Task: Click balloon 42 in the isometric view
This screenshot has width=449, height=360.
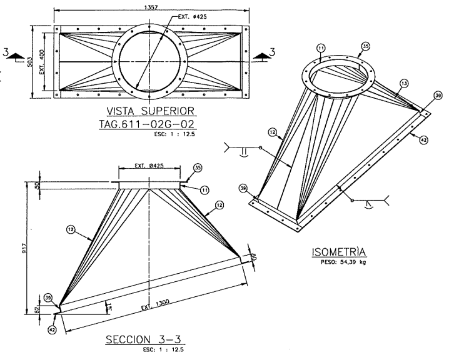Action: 423,141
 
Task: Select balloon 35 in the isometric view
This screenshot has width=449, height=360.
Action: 366,46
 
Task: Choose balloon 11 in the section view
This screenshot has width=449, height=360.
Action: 204,189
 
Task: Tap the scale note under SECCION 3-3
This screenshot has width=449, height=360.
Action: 161,351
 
